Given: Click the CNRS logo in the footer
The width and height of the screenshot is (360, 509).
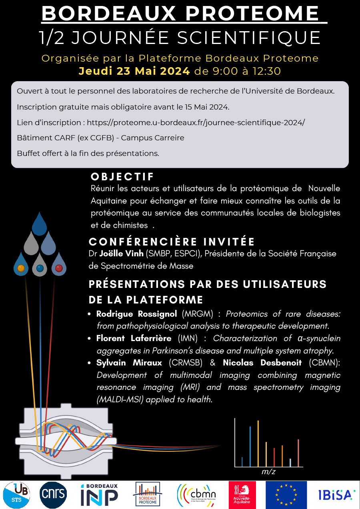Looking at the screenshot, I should coord(53,495).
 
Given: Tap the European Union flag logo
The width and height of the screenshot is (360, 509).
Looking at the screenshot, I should coord(286,495).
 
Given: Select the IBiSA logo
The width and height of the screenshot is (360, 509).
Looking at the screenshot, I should coord(336,495).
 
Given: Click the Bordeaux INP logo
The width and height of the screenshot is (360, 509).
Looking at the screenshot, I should coord(99,495).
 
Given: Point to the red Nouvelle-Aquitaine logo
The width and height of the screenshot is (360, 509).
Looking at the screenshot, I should coord(242,495).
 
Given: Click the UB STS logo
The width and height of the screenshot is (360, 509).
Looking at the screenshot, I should coord(16,495).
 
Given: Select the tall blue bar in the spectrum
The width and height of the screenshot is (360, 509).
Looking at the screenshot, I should coord(250,446).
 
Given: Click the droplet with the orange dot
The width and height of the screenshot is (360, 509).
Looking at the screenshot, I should coord(21,264).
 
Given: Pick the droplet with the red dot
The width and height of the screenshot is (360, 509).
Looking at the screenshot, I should coord(59,264).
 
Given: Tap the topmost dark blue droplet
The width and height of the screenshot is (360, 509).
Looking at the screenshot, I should coord(40,224).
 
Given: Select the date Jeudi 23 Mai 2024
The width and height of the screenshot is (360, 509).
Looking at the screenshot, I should coord(134,71).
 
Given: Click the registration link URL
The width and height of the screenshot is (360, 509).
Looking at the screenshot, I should coord(196,122).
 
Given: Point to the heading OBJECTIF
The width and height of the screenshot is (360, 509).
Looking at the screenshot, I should coord(122,177).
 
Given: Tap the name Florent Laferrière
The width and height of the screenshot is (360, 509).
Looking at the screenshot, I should coord(134,338).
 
